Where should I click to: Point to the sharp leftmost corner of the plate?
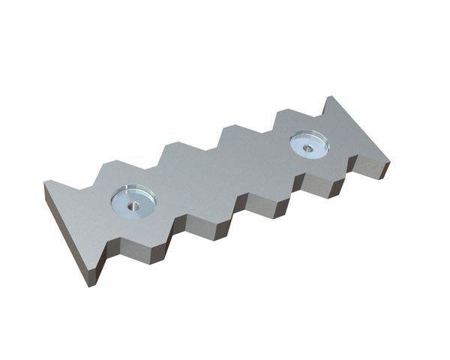tap(46, 182)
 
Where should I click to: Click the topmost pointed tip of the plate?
tap(328, 97)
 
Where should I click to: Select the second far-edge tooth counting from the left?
tap(177, 148)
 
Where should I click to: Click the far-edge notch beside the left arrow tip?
tap(93, 184)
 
